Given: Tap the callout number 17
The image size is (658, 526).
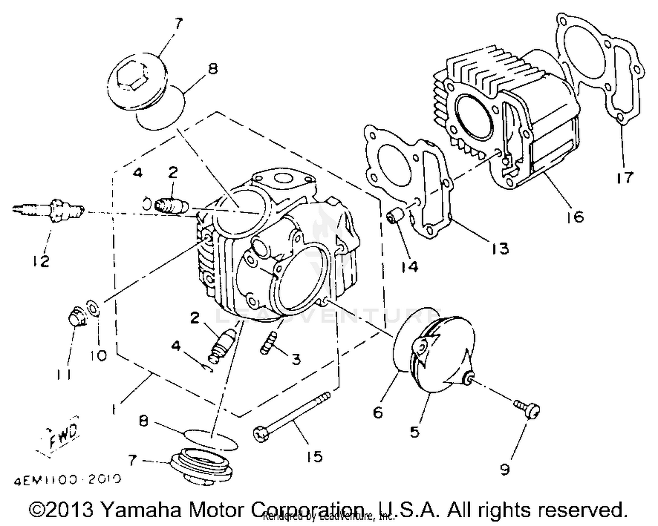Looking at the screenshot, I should pos(624,178).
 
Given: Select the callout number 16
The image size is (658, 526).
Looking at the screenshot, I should pos(575,216).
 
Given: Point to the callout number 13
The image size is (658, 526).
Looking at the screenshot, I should pos(500,248).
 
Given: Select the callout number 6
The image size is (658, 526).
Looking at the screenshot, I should pos(378,412).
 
